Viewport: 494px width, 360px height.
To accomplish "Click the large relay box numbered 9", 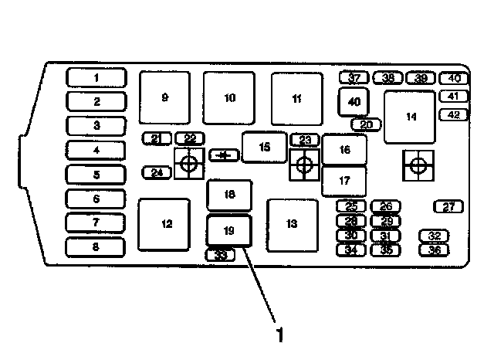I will click(x=164, y=97).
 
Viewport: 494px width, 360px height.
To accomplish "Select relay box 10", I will click(x=229, y=97).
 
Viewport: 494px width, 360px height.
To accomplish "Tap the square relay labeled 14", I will click(x=410, y=117).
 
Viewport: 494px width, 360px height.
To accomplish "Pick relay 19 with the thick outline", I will click(x=228, y=230).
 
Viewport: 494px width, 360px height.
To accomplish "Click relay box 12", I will click(x=164, y=224).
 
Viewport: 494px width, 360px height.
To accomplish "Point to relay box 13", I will click(x=291, y=224).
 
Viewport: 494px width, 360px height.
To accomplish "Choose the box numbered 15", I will click(x=265, y=146).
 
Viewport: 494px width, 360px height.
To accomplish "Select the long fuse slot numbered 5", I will click(x=96, y=175).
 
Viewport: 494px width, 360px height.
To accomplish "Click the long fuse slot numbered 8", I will click(x=96, y=247).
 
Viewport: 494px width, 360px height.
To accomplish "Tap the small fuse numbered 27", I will click(x=448, y=206).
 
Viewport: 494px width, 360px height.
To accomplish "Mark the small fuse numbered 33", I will click(x=222, y=255).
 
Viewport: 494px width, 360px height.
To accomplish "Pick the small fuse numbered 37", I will click(x=355, y=78).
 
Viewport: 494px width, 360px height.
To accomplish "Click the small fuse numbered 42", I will click(x=453, y=114).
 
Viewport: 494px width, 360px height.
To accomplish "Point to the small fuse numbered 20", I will click(x=366, y=124).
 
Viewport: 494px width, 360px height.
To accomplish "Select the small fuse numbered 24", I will click(x=157, y=172).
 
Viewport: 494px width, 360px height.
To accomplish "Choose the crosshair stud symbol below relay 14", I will click(x=418, y=165).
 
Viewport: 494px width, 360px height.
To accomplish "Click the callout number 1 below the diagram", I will click(x=280, y=335).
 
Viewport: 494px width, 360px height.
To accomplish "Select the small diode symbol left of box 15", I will click(x=224, y=155).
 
